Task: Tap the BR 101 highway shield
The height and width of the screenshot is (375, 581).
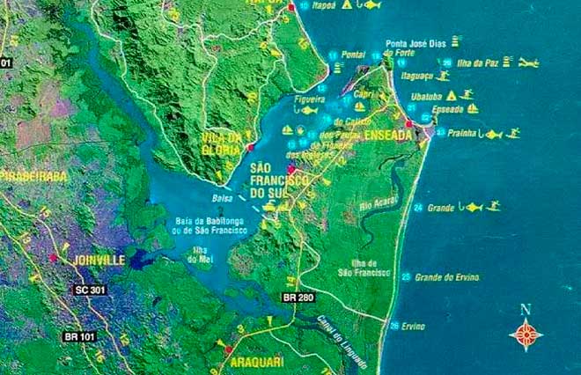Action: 79,335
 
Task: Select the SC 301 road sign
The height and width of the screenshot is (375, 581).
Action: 91,290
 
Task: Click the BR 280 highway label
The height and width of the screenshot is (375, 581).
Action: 297,298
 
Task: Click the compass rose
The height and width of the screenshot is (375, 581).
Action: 526,335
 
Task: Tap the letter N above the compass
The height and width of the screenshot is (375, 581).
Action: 526,309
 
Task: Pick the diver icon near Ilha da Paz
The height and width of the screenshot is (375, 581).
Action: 527,63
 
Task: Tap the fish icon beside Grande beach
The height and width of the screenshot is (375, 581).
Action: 474,207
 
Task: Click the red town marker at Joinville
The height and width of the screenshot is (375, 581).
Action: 54,258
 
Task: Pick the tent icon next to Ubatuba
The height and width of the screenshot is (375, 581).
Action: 451,94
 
